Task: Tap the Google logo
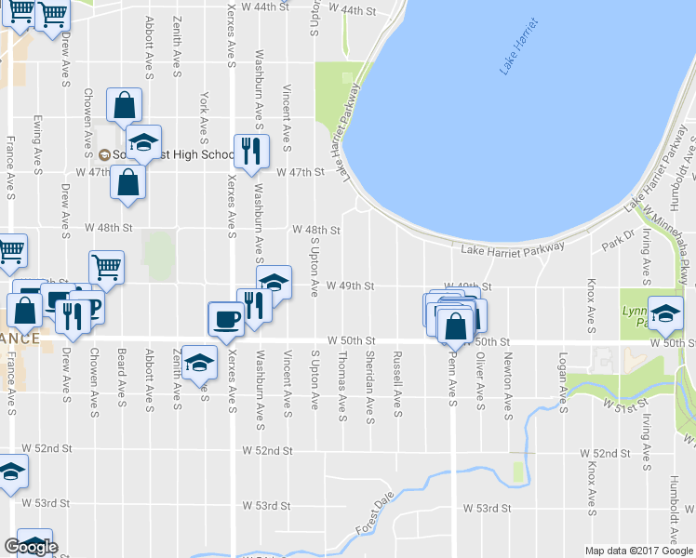point(31,547)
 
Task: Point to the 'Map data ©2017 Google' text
point(637,551)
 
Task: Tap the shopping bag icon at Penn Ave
point(455,326)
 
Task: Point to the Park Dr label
point(616,240)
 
